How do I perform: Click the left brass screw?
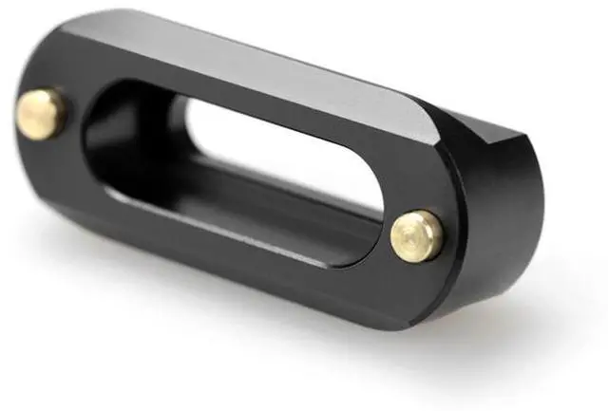point(42,113)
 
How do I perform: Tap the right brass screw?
point(417,235)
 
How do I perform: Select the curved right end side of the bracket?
point(508,228)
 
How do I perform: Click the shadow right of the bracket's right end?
point(560,285)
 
